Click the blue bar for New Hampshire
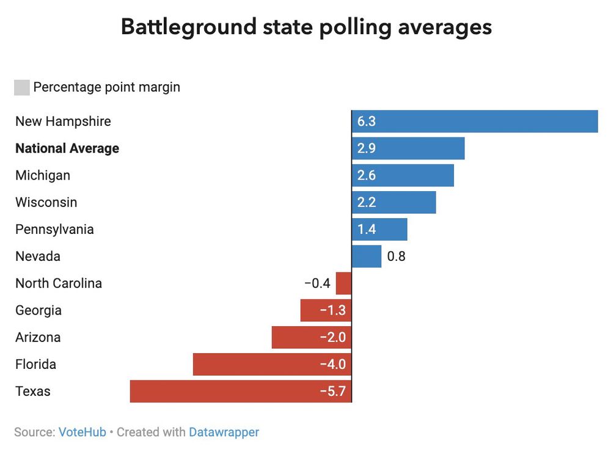click(x=475, y=121)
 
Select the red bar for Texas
click(x=241, y=392)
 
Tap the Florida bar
click(x=272, y=365)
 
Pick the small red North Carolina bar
click(x=344, y=283)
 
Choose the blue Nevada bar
click(x=367, y=257)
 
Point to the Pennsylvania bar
click(x=379, y=230)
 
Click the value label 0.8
click(x=397, y=257)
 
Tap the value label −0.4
click(x=317, y=283)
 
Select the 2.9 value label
click(x=367, y=148)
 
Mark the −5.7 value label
click(x=333, y=392)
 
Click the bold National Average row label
click(x=67, y=148)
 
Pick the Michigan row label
click(x=43, y=175)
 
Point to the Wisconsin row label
click(x=46, y=202)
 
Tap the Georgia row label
click(x=38, y=310)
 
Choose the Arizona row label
click(x=38, y=337)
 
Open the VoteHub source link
click(x=82, y=432)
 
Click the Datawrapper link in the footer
click(x=224, y=432)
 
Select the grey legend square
click(x=22, y=87)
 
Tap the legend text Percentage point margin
click(x=107, y=87)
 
